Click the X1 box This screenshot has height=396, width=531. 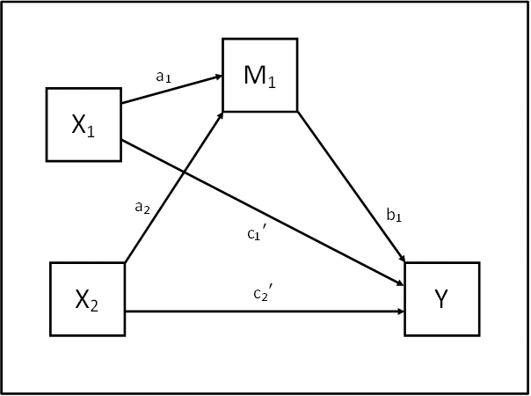(x=84, y=124)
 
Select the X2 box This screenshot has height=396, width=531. (x=87, y=298)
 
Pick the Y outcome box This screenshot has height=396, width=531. (x=442, y=298)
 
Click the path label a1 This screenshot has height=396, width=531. (x=164, y=77)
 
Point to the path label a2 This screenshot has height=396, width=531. (x=142, y=207)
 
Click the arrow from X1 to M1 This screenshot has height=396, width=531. (x=171, y=90)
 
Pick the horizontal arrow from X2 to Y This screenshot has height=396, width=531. (x=264, y=312)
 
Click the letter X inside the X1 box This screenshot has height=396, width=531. (x=79, y=124)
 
